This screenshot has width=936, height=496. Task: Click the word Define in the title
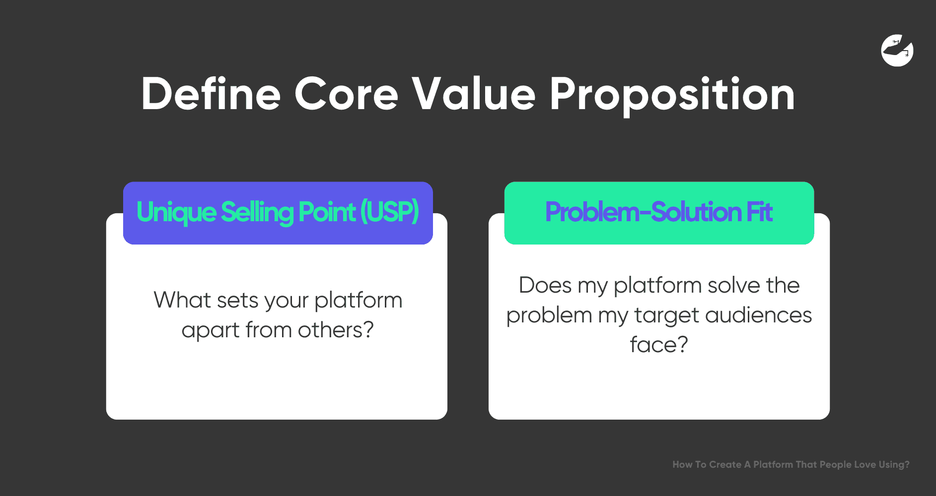tap(211, 94)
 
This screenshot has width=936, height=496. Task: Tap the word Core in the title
tap(346, 94)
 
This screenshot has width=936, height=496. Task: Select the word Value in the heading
tap(474, 94)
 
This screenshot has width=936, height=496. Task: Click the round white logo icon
tap(897, 50)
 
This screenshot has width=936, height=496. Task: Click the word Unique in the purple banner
tap(176, 212)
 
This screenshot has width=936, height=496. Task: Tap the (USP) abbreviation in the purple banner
tap(389, 212)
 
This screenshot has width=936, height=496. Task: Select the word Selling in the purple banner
tap(257, 212)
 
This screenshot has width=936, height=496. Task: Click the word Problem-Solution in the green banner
tap(643, 212)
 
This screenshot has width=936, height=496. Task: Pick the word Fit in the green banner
tap(759, 212)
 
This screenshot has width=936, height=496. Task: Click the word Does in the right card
tap(545, 285)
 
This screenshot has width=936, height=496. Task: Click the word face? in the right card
tap(659, 345)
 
